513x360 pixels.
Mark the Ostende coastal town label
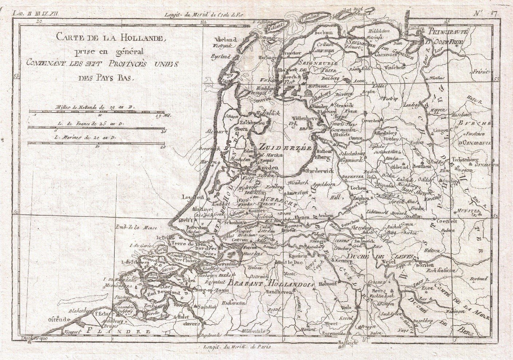pyautogui.click(x=59, y=320)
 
